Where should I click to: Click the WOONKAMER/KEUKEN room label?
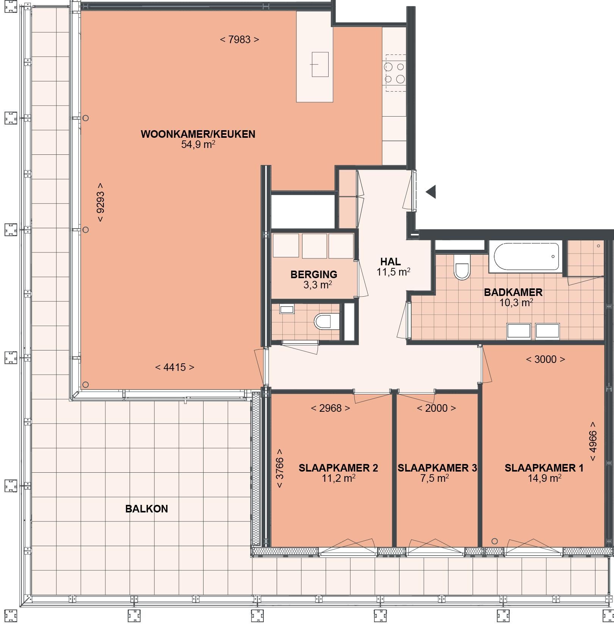pos(198,134)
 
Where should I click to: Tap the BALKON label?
pos(147,509)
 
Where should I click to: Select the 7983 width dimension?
pos(240,39)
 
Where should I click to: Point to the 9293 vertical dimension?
pos(100,202)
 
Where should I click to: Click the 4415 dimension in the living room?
pos(175,367)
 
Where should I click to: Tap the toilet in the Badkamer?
pos(462,267)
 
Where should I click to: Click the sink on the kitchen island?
pos(320,64)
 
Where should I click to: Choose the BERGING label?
pos(314,274)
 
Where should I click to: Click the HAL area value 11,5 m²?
pos(393,272)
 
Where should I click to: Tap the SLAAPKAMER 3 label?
pos(437,468)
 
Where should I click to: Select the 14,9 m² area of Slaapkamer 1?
pos(545,478)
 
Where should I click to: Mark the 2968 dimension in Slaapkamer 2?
pos(330,408)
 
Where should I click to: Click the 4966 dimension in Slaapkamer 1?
pos(593,442)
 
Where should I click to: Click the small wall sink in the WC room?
pos(287,309)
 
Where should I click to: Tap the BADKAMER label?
pos(513,292)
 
